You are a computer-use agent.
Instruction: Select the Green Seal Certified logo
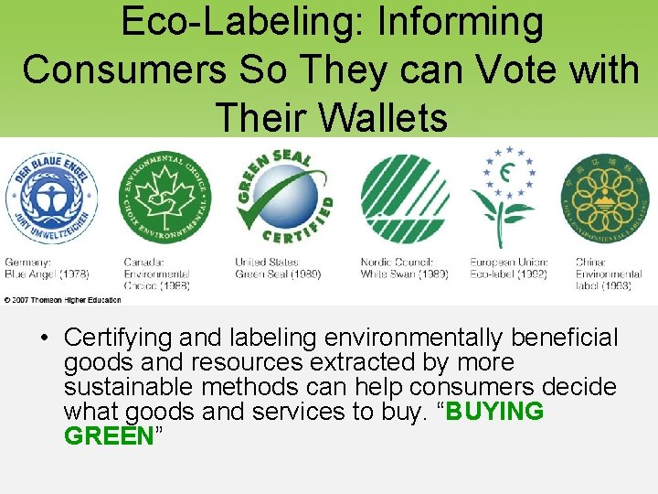point(284,197)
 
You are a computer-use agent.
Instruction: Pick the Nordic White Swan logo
point(405,199)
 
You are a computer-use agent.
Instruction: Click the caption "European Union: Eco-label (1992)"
point(508,268)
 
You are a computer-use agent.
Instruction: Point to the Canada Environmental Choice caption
point(157,274)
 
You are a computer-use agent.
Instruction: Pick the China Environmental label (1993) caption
point(609,274)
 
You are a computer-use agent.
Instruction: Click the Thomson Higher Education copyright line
point(63,299)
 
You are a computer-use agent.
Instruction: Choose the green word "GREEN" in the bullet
point(109,435)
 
